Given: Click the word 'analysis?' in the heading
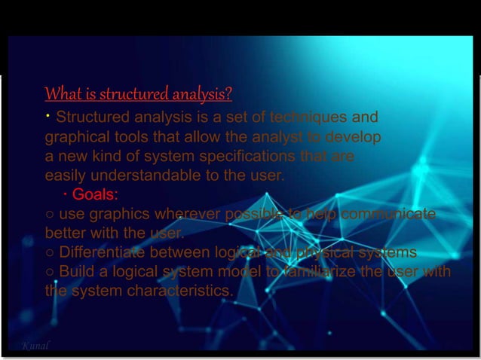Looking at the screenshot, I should (201, 95).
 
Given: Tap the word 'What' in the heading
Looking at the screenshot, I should (60, 95).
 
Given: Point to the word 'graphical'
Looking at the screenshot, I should (76, 138).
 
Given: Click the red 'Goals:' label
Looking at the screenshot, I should (95, 195).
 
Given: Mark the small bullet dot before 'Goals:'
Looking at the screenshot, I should (66, 195).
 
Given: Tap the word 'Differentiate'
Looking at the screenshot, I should (103, 252).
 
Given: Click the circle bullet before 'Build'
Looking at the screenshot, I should (49, 271).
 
